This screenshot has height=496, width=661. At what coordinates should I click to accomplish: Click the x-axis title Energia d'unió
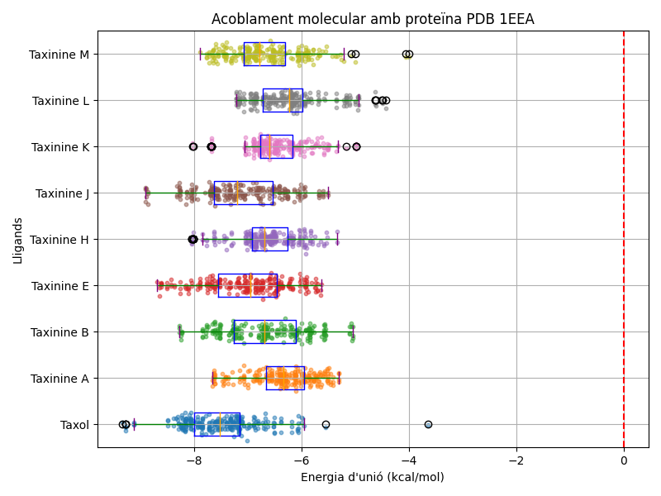coord(372,477)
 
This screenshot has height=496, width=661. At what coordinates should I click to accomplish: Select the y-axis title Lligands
coord(18,240)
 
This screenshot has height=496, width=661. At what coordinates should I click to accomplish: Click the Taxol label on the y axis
coord(74,425)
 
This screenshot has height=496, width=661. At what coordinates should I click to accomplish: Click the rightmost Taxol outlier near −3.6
coord(428,424)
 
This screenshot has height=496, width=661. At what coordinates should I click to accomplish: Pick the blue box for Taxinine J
coord(243,193)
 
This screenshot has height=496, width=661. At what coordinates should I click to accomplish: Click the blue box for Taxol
coord(216,424)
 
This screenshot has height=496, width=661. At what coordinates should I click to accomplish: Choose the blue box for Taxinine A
coord(285,378)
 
